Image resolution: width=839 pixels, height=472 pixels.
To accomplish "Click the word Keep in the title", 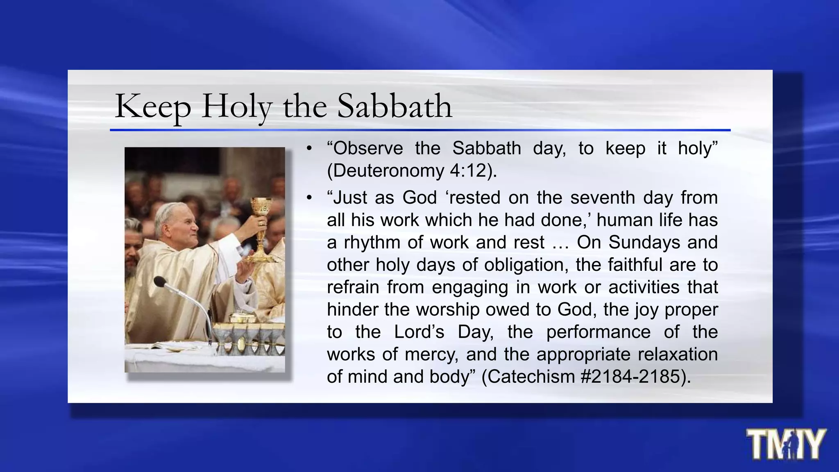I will (x=152, y=107).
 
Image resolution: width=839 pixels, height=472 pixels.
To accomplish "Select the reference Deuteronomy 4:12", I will (x=412, y=170).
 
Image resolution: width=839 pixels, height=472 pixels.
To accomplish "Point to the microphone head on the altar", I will (x=160, y=282).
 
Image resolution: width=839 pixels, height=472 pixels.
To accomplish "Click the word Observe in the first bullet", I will (x=368, y=148).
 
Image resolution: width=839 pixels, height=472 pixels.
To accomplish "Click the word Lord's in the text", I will (x=419, y=332).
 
